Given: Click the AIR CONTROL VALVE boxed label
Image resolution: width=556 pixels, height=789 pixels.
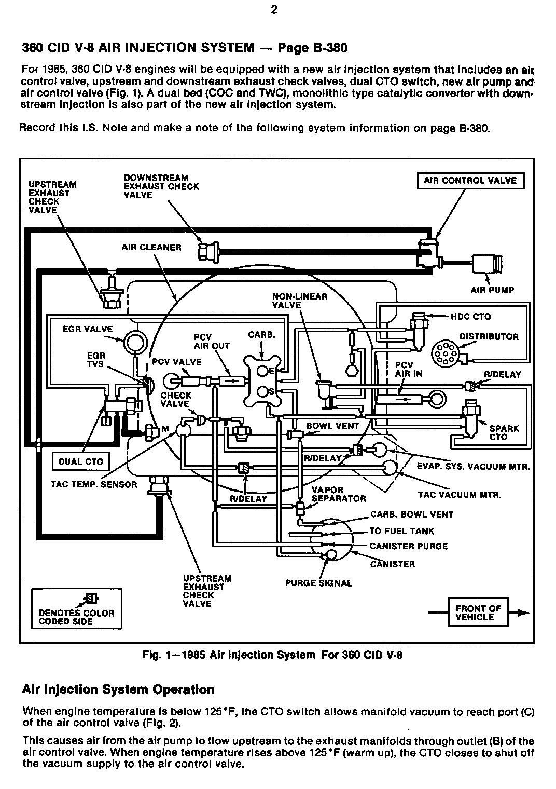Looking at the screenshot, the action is pos(470,181).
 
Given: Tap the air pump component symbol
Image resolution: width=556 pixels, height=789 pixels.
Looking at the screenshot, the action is pos(488,264).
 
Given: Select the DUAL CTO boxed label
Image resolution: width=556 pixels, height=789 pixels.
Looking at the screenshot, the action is pos(80,462).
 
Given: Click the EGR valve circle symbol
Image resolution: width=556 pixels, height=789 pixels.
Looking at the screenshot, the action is pos(136,341).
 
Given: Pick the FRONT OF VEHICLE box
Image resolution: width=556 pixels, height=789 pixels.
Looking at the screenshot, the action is pos(478,613).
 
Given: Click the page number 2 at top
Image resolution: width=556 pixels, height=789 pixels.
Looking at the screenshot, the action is pos(274,10).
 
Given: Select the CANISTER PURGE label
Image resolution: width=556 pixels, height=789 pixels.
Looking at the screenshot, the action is pos(409,546).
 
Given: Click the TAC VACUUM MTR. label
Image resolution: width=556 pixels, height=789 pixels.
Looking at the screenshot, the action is pos(460,495).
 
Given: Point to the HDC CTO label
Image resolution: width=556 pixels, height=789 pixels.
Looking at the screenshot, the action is pos(471,316).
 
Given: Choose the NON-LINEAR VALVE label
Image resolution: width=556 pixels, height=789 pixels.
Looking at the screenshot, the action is pos(299,301).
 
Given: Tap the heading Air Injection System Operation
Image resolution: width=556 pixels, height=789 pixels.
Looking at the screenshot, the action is pos(118,689).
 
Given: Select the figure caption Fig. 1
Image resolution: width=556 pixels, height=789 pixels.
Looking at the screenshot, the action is pos(272,655).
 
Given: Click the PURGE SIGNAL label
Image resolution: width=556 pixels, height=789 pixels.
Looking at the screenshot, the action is pos(318,583).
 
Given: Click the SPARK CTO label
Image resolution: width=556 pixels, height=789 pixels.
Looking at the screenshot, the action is pos(504,432).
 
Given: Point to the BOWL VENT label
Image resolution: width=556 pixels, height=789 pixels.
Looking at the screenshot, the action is pos(332,426).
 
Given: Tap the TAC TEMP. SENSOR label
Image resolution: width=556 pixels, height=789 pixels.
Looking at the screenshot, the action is pos(94,485).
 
